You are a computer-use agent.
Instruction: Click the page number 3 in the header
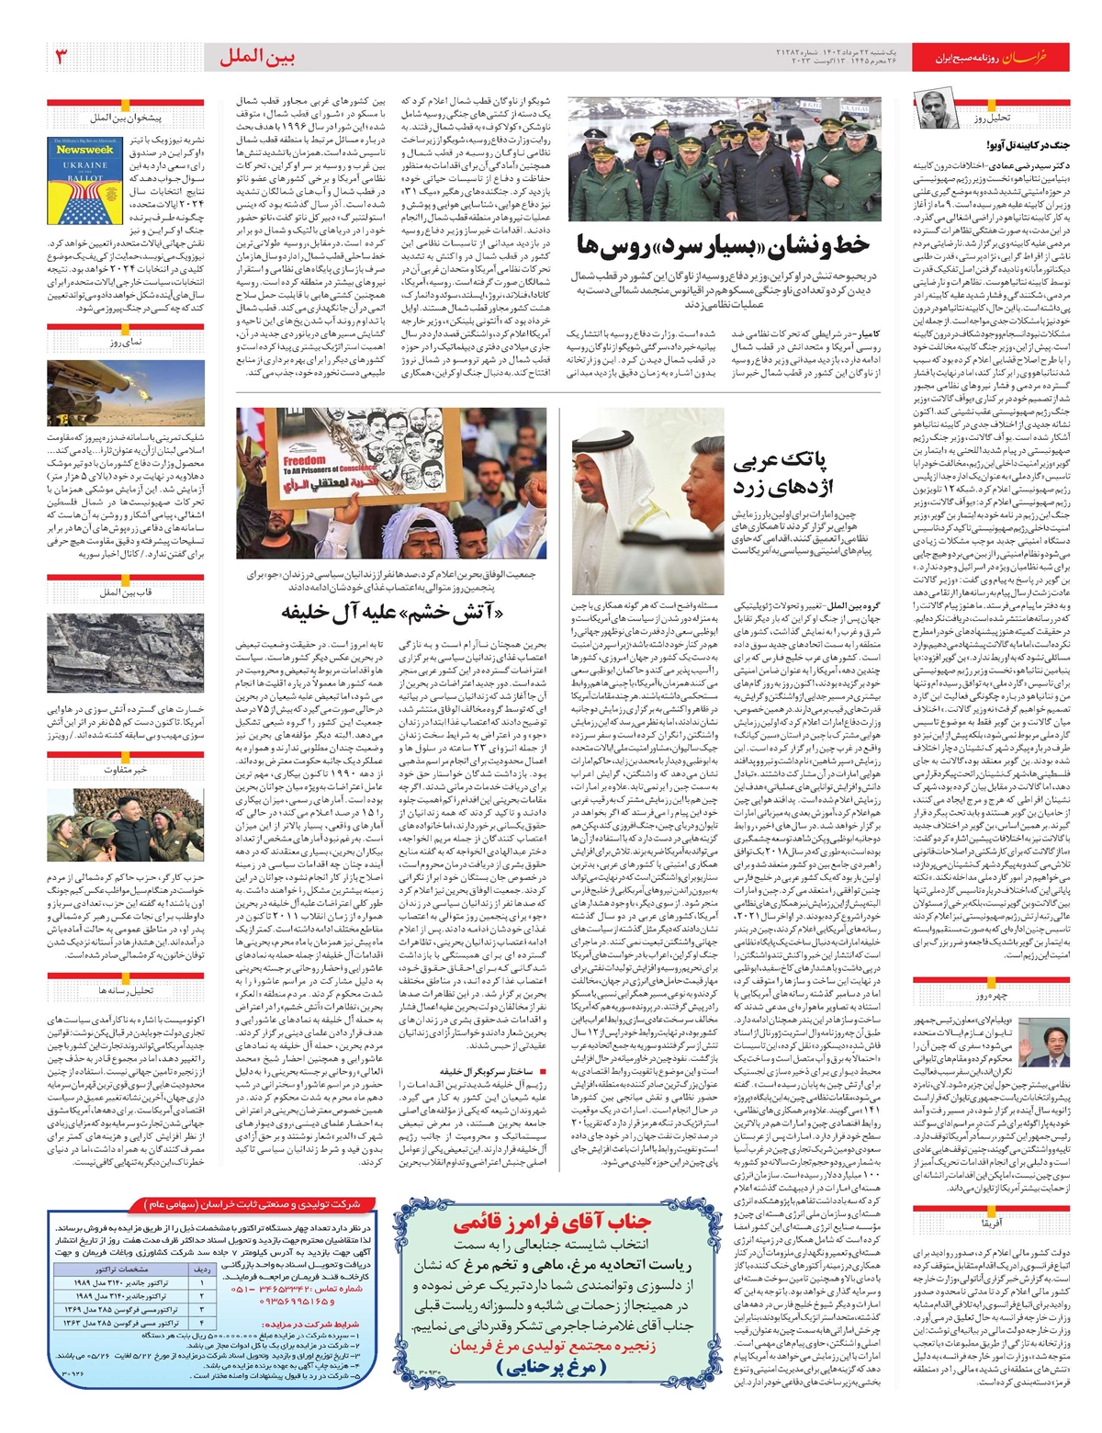coord(62,57)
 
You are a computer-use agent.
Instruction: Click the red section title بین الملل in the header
coord(258,57)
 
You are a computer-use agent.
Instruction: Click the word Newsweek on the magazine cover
coord(84,149)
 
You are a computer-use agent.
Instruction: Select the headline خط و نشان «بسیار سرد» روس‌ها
coord(723,245)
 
